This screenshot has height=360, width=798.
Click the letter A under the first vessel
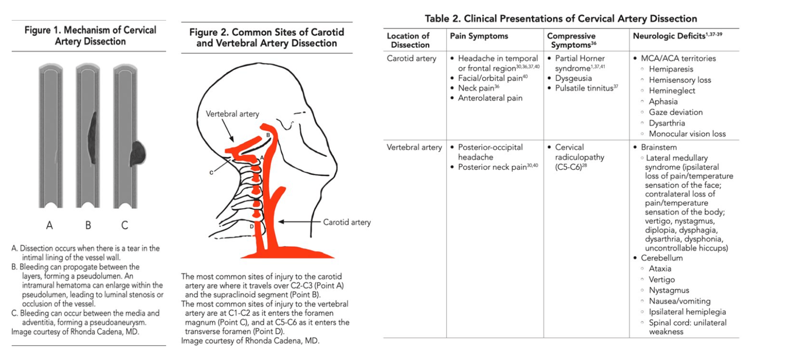pyautogui.click(x=50, y=225)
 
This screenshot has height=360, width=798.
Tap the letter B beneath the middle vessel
pyautogui.click(x=88, y=225)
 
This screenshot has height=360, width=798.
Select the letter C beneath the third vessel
pyautogui.click(x=124, y=225)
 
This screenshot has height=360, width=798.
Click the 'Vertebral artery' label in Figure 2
pyautogui.click(x=232, y=114)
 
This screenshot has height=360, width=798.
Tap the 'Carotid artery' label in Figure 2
pyautogui.click(x=347, y=222)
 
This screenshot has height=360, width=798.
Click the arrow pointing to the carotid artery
pyautogui.click(x=299, y=222)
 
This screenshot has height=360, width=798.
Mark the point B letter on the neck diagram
pyautogui.click(x=268, y=135)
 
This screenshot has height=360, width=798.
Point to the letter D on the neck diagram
pyautogui.click(x=252, y=226)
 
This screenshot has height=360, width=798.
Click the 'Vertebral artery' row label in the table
pyautogui.click(x=414, y=147)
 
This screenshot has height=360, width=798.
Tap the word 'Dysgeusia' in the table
pyautogui.click(x=573, y=78)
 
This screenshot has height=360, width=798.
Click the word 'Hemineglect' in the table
pyautogui.click(x=672, y=90)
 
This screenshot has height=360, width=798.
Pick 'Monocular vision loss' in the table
pyautogui.click(x=687, y=134)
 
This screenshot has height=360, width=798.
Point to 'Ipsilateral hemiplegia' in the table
pyautogui.click(x=687, y=312)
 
